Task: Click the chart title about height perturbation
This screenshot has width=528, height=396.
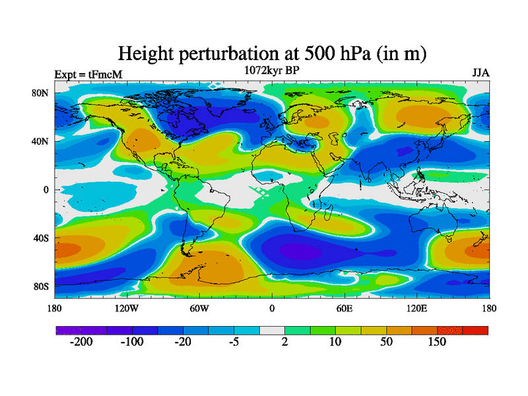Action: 271,53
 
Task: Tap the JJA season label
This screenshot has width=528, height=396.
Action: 480,73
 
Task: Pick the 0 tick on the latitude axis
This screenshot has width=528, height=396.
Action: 47,190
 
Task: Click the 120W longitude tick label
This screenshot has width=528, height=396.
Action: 126,308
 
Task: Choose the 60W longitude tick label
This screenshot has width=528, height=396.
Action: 199,308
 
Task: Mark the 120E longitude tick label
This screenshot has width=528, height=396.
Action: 416,308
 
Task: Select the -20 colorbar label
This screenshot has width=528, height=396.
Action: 183,342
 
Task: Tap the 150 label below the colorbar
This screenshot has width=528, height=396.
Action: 437,342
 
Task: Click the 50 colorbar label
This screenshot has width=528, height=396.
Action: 386,342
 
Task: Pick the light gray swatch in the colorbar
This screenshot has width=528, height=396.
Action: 272,330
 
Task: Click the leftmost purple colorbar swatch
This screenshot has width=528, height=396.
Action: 69,330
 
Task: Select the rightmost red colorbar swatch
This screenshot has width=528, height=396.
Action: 475,330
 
